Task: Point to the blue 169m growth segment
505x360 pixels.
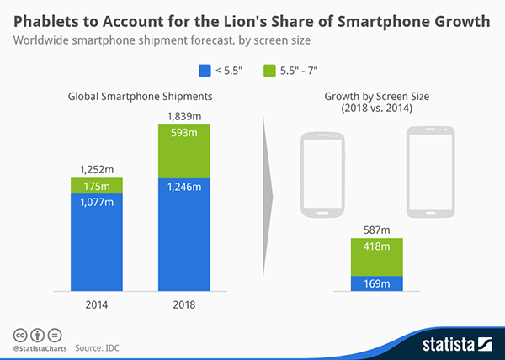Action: tap(377, 283)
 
